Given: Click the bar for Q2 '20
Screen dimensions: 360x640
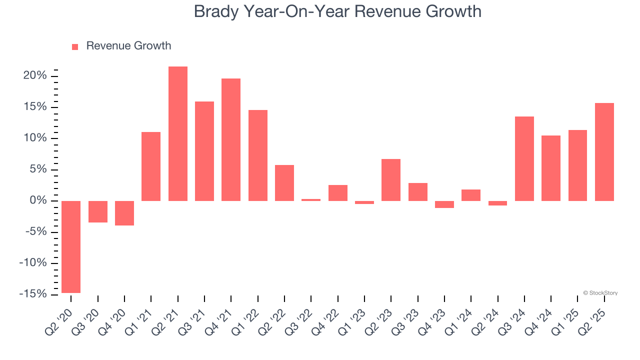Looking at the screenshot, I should click(x=71, y=246).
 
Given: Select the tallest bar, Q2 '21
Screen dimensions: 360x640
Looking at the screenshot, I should click(x=178, y=133).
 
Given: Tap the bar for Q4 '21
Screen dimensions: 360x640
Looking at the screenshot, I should click(x=231, y=139).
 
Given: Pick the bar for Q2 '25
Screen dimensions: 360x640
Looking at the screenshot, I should click(x=604, y=152).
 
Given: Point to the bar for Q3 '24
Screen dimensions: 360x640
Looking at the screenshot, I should click(x=524, y=158).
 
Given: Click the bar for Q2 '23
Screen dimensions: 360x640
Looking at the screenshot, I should click(x=391, y=180).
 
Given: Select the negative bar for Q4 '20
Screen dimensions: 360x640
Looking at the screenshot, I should click(x=124, y=213).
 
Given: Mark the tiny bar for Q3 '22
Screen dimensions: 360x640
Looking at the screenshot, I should click(x=311, y=200).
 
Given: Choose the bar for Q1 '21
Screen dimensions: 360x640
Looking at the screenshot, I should click(x=151, y=166).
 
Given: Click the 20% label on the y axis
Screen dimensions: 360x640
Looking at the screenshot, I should click(x=35, y=76).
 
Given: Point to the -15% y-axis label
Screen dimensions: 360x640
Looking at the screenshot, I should click(x=33, y=294).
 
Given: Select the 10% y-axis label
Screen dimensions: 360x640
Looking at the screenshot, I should click(x=35, y=138).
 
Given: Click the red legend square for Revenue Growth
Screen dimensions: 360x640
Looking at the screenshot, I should click(x=75, y=46).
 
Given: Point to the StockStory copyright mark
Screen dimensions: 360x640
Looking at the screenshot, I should click(x=600, y=293).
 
